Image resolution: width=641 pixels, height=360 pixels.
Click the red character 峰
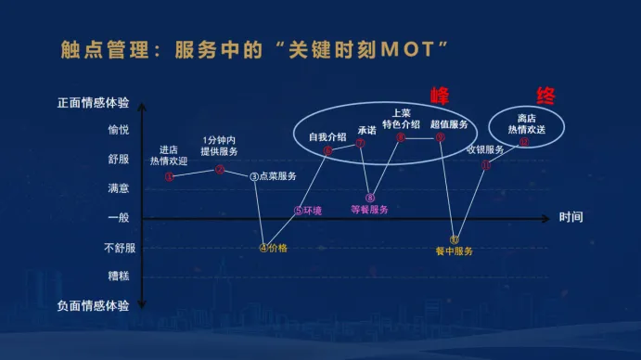click(438, 96)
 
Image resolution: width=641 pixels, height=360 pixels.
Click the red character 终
click(546, 96)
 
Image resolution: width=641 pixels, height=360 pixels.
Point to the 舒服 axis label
click(119, 159)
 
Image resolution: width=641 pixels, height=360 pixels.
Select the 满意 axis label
click(119, 188)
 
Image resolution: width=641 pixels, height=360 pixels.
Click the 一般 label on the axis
click(119, 218)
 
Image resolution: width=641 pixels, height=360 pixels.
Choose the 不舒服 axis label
click(119, 248)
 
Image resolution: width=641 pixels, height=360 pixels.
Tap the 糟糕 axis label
click(119, 276)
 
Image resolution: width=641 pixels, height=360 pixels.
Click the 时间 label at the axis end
click(571, 218)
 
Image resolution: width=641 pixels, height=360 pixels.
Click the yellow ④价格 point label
click(274, 248)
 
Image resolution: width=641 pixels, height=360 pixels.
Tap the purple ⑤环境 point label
click(308, 211)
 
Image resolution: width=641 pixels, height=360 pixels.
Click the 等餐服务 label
click(369, 210)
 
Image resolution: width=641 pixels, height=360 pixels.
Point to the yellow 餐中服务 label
click(455, 251)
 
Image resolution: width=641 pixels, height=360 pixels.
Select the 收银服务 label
click(485, 149)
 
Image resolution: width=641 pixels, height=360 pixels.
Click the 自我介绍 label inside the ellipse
click(327, 136)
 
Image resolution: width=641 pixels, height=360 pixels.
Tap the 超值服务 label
click(449, 123)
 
